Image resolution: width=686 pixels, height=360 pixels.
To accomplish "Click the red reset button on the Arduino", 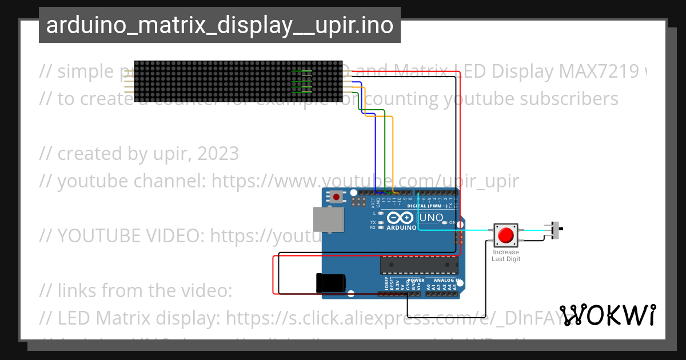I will click(x=336, y=197).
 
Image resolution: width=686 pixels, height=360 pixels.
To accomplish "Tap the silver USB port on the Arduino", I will click(x=329, y=219).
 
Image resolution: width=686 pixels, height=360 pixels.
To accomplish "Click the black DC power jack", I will click(x=331, y=283).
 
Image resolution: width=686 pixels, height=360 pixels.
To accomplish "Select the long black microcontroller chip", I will click(x=419, y=265).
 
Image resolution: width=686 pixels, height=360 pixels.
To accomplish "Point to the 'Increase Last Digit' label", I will click(x=506, y=255).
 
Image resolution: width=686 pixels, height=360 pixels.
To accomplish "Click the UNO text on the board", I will click(x=431, y=218).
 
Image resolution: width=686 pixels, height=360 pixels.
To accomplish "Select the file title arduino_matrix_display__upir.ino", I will click(x=220, y=25).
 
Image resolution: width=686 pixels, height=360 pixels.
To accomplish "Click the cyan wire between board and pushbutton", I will click(x=457, y=230).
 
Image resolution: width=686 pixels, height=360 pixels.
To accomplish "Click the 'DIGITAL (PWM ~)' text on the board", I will click(x=428, y=205).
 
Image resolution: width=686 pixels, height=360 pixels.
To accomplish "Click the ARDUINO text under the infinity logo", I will click(x=402, y=227).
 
